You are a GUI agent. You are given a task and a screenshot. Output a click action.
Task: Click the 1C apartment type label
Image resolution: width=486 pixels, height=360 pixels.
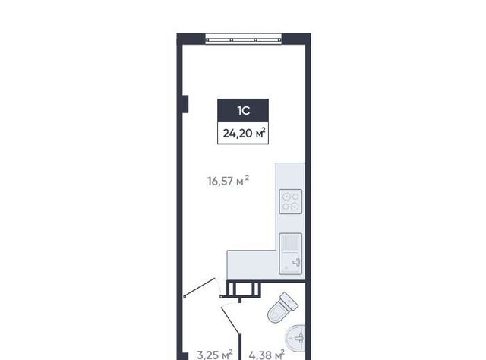pyautogui.click(x=243, y=111)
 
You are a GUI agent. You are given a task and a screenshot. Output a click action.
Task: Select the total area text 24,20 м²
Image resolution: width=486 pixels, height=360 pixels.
pyautogui.click(x=244, y=133)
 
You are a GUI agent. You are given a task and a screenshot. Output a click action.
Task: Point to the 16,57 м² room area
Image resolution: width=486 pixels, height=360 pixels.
pyautogui.click(x=228, y=181)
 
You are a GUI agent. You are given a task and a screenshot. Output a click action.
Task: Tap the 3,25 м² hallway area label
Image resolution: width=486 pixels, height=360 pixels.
pyautogui.click(x=214, y=355)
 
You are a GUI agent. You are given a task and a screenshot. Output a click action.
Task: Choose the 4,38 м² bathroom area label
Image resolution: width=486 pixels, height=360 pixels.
pyautogui.click(x=267, y=355)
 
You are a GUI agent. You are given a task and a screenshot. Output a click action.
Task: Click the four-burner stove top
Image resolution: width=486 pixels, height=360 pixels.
pyautogui.click(x=291, y=201)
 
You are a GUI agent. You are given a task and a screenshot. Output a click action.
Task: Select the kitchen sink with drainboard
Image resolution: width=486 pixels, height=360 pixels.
pyautogui.click(x=291, y=254)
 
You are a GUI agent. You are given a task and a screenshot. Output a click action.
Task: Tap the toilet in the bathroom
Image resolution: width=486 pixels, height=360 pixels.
pyautogui.click(x=282, y=308)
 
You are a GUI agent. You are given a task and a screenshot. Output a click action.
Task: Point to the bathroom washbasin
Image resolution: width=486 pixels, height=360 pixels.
pyautogui.click(x=295, y=338)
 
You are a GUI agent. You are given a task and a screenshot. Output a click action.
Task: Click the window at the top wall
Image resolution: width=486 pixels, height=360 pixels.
pyautogui.click(x=243, y=39)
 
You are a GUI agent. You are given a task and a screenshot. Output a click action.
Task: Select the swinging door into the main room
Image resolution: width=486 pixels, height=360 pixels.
pyautogui.click(x=200, y=287)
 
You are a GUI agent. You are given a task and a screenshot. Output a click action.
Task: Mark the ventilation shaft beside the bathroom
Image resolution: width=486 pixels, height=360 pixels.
pyautogui.click(x=243, y=289)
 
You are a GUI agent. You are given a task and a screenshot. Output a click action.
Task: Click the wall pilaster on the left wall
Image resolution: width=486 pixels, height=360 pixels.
pyautogui.click(x=185, y=104)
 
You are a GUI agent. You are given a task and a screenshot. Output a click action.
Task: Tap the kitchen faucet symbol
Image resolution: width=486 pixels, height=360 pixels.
pyautogui.click(x=297, y=262)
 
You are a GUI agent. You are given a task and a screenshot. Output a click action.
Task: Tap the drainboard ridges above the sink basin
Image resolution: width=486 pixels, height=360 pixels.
pyautogui.click(x=291, y=242)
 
